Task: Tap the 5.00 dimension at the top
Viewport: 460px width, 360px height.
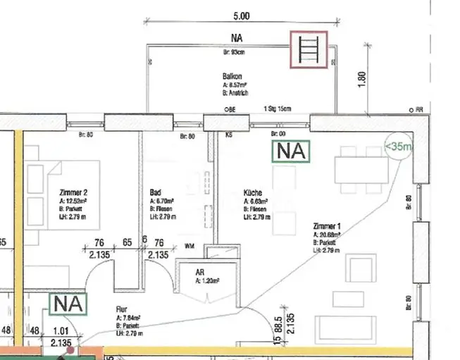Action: [x=241, y=15]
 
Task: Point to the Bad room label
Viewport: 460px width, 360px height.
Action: [x=156, y=192]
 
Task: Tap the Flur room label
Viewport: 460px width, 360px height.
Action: [x=124, y=309]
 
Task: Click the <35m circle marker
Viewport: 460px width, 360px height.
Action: [x=398, y=147]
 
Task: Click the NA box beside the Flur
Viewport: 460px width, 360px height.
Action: [x=68, y=305]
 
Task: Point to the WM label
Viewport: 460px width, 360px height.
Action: [x=189, y=247]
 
